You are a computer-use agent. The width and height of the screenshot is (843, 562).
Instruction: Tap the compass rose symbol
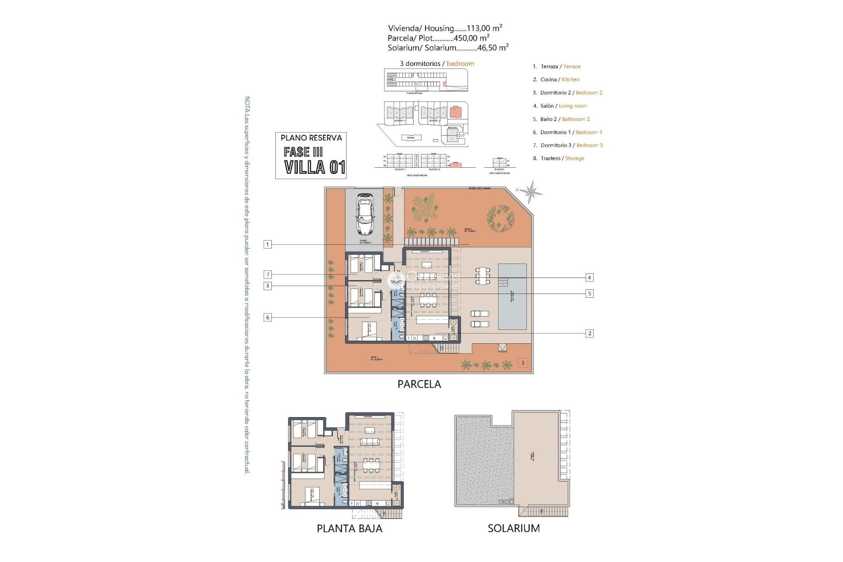pos(531,191)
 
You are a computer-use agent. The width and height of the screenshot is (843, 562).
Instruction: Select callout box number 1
pos(267,245)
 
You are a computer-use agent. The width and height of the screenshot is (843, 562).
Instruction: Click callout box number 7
pos(267,275)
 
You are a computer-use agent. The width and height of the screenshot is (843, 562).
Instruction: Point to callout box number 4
pos(589,277)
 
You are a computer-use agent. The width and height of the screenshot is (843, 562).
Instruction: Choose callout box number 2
pos(589,334)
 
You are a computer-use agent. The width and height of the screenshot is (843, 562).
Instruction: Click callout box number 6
pos(267,317)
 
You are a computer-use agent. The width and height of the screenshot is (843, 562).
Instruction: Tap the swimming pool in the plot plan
pos(512,297)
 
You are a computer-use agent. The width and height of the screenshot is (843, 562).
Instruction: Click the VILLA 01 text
pos(314,167)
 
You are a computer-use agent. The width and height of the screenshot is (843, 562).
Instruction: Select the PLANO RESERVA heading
pos(311,138)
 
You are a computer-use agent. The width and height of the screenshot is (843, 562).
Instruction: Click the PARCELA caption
pos(419,384)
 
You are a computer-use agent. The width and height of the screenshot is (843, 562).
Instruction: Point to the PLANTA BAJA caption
pos(349,529)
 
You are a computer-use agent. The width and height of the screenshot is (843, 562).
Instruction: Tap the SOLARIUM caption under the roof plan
pos(514,529)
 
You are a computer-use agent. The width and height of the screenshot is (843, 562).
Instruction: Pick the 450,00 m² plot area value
pos(471,38)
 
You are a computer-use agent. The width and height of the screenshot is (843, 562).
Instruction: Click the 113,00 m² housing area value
pos(485,28)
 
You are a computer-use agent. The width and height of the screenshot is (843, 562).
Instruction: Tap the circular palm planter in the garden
pos(501,218)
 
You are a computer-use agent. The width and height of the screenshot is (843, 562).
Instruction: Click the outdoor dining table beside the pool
pos(483,276)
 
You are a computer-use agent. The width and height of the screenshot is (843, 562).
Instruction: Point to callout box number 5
pos(589,294)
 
